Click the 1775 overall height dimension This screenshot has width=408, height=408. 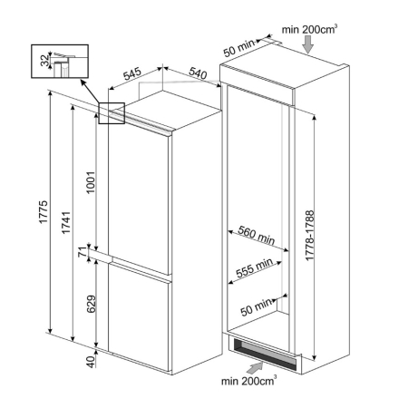click(x=44, y=211)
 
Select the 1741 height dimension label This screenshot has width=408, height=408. click(x=65, y=222)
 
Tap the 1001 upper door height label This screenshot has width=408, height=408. click(x=91, y=182)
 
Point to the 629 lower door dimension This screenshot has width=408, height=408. click(x=91, y=304)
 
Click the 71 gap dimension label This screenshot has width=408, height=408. click(x=83, y=252)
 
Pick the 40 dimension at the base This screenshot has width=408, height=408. click(x=91, y=362)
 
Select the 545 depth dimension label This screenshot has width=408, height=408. click(x=132, y=73)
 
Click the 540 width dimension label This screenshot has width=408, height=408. click(x=198, y=73)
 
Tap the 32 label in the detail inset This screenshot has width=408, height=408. click(x=44, y=60)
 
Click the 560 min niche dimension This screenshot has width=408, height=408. click(x=257, y=235)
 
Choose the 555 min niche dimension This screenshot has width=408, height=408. click(x=255, y=267)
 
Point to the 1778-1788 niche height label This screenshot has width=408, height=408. click(x=310, y=236)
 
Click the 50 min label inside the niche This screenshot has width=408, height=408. click(x=257, y=306)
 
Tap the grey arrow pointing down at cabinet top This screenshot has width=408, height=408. click(x=308, y=44)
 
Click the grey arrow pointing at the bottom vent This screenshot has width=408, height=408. click(x=254, y=368)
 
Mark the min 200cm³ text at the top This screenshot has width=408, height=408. click(x=309, y=29)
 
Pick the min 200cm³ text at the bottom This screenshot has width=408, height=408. click(x=248, y=381)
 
